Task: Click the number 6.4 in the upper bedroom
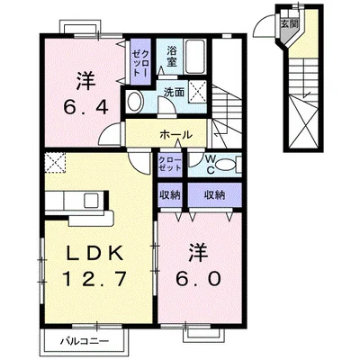tap(85, 107)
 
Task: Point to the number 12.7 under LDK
tap(87, 280)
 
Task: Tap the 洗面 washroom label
tap(174, 93)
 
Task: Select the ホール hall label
tap(175, 134)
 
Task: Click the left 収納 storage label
tap(171, 194)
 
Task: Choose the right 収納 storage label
tap(213, 194)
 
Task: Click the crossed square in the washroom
tap(199, 90)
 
